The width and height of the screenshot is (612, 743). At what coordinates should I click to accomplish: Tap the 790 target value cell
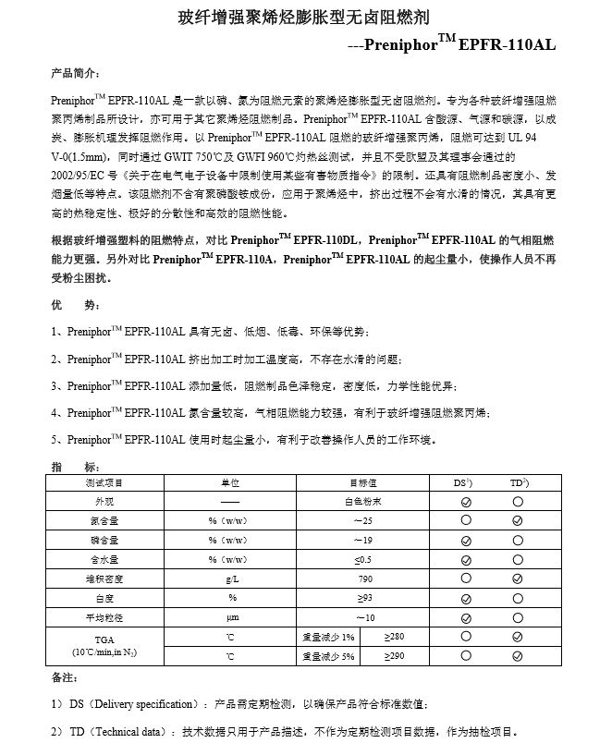click(366, 579)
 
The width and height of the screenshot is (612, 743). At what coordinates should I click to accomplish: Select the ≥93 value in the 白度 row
click(366, 598)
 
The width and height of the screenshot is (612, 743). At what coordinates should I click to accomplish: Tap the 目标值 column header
click(366, 482)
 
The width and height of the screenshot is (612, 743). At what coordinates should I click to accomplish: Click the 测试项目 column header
click(104, 482)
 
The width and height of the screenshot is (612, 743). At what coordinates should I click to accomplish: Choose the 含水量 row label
click(104, 559)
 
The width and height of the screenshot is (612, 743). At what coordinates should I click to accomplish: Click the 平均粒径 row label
click(104, 617)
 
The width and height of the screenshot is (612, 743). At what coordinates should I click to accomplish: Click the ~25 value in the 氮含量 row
click(366, 521)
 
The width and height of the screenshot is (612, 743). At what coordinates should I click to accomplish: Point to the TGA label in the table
click(104, 639)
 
